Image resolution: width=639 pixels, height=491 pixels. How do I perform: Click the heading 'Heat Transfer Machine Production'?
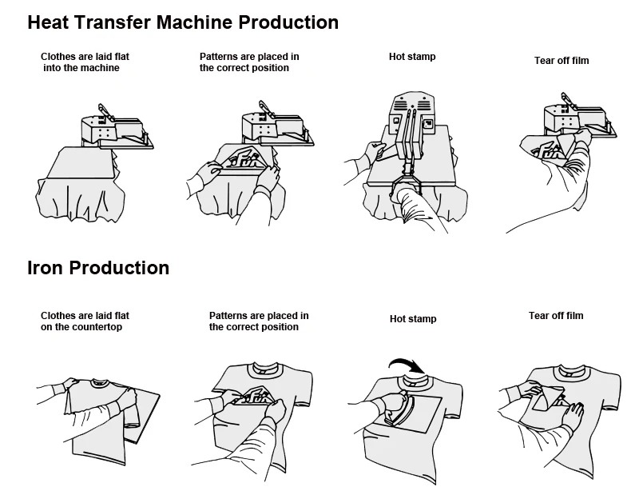(183, 22)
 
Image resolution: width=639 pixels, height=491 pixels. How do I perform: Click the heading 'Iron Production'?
(98, 268)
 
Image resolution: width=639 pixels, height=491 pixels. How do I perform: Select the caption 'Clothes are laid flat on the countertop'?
(85, 321)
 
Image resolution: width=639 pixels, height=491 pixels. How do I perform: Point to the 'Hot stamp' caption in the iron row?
(413, 319)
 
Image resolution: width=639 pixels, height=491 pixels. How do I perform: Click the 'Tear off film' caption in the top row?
(562, 61)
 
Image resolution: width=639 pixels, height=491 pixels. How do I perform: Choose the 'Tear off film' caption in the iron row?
(556, 316)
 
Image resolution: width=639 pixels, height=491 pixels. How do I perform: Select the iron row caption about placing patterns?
(259, 321)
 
